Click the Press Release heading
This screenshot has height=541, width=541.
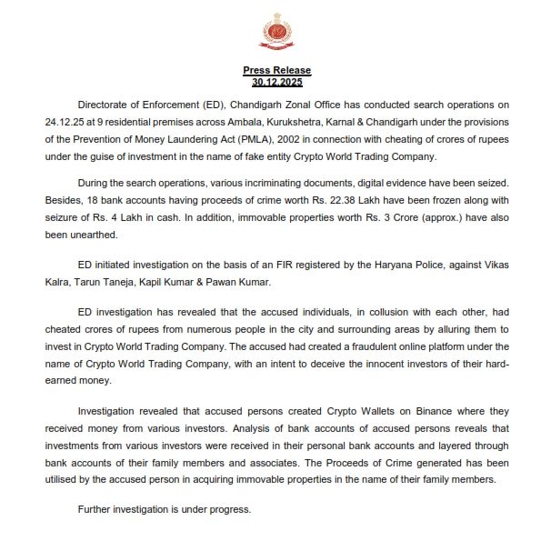coord(276,70)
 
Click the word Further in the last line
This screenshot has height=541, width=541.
coord(98,509)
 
